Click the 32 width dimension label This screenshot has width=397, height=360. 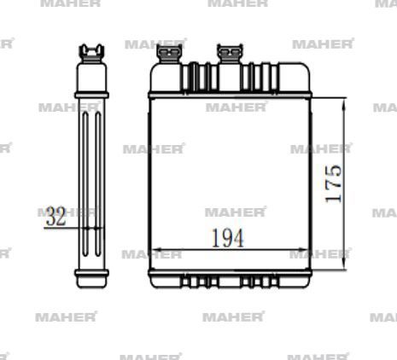[56, 217]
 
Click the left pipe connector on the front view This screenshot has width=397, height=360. [169, 55]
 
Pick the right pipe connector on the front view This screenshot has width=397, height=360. [228, 54]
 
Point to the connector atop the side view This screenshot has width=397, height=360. [91, 53]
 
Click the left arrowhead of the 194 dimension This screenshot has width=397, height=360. [154, 253]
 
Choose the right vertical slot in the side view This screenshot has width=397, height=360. [97, 179]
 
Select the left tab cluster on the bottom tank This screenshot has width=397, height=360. [198, 281]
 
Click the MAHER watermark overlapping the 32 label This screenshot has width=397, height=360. [68, 211]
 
